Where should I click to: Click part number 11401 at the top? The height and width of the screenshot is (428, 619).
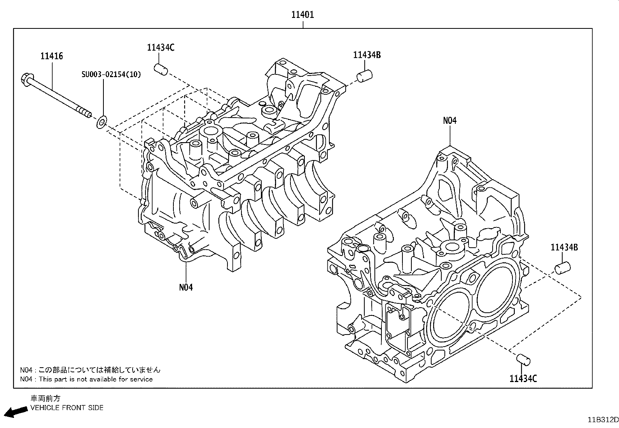point(303,15)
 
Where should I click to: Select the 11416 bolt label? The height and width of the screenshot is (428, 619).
point(52,56)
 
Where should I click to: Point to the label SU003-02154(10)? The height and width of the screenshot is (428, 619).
point(111,74)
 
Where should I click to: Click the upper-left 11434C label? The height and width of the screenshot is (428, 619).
point(161,48)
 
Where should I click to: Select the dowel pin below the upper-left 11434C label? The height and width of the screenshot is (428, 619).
point(161,69)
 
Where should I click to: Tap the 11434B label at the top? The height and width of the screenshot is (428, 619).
point(367,55)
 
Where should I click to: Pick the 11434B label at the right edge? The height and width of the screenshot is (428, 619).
point(564,247)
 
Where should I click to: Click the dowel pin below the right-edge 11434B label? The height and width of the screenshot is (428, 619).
point(562,268)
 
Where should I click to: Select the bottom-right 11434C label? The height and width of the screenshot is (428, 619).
point(523,378)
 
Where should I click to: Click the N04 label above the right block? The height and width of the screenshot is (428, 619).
point(450,121)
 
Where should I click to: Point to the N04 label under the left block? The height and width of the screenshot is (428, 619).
point(186,287)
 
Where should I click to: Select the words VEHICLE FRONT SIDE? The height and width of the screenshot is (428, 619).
point(67,408)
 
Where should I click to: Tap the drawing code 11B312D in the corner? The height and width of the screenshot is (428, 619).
point(602,420)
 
